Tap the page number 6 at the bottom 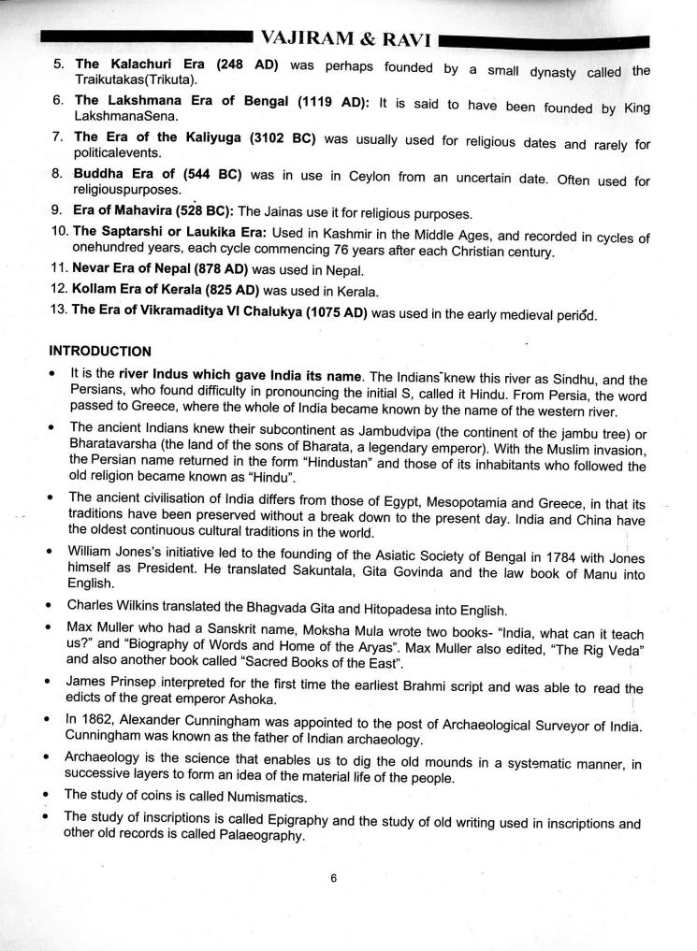tap(333, 877)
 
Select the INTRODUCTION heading tap(100, 352)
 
